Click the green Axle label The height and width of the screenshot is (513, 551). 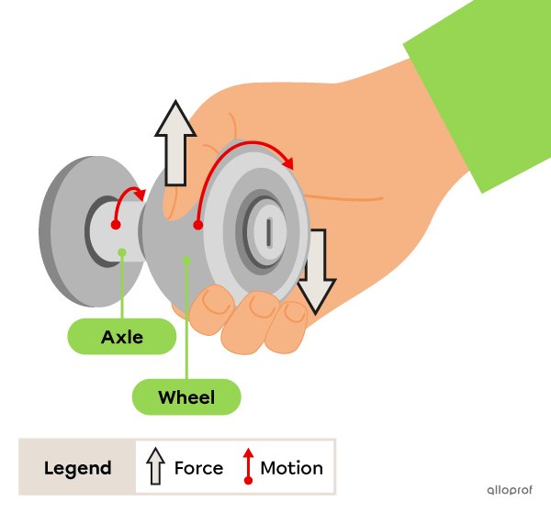pyautogui.click(x=122, y=337)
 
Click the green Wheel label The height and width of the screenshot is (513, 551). pyautogui.click(x=186, y=397)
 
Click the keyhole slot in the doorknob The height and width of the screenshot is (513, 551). pyautogui.click(x=268, y=229)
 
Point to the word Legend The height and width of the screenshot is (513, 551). pyautogui.click(x=77, y=468)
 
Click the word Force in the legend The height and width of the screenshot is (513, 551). pyautogui.click(x=198, y=468)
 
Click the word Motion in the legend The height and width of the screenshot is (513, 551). pyautogui.click(x=291, y=468)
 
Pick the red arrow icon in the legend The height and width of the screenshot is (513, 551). pyautogui.click(x=248, y=466)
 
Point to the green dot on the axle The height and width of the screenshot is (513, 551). pyautogui.click(x=122, y=251)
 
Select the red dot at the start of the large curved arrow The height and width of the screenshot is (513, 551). pyautogui.click(x=197, y=224)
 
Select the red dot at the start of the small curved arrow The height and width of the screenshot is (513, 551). pyautogui.click(x=116, y=224)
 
